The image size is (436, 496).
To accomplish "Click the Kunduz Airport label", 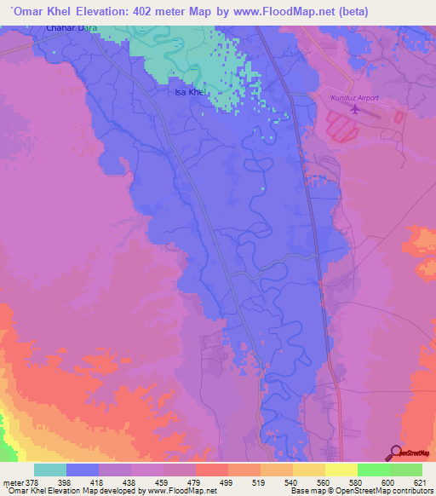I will pyautogui.click(x=354, y=98).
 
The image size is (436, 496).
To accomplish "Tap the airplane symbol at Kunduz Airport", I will pyautogui.click(x=355, y=108).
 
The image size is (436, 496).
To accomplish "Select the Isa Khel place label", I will pyautogui.click(x=189, y=92).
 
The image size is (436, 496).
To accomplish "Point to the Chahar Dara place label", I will pyautogui.click(x=67, y=29).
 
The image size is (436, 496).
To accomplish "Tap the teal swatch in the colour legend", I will pyautogui.click(x=49, y=469).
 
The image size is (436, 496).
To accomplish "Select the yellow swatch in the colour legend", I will pyautogui.click(x=341, y=469).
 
